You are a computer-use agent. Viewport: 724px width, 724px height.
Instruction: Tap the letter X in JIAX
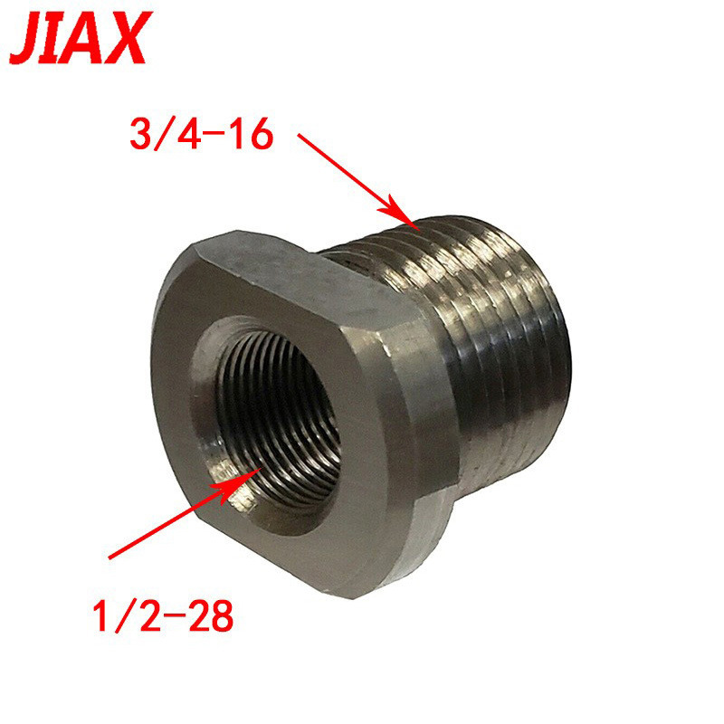pos(123,38)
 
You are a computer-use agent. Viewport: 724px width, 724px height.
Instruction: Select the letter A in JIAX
pos(90,38)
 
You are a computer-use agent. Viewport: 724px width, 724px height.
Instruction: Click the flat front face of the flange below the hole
pos(299,552)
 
